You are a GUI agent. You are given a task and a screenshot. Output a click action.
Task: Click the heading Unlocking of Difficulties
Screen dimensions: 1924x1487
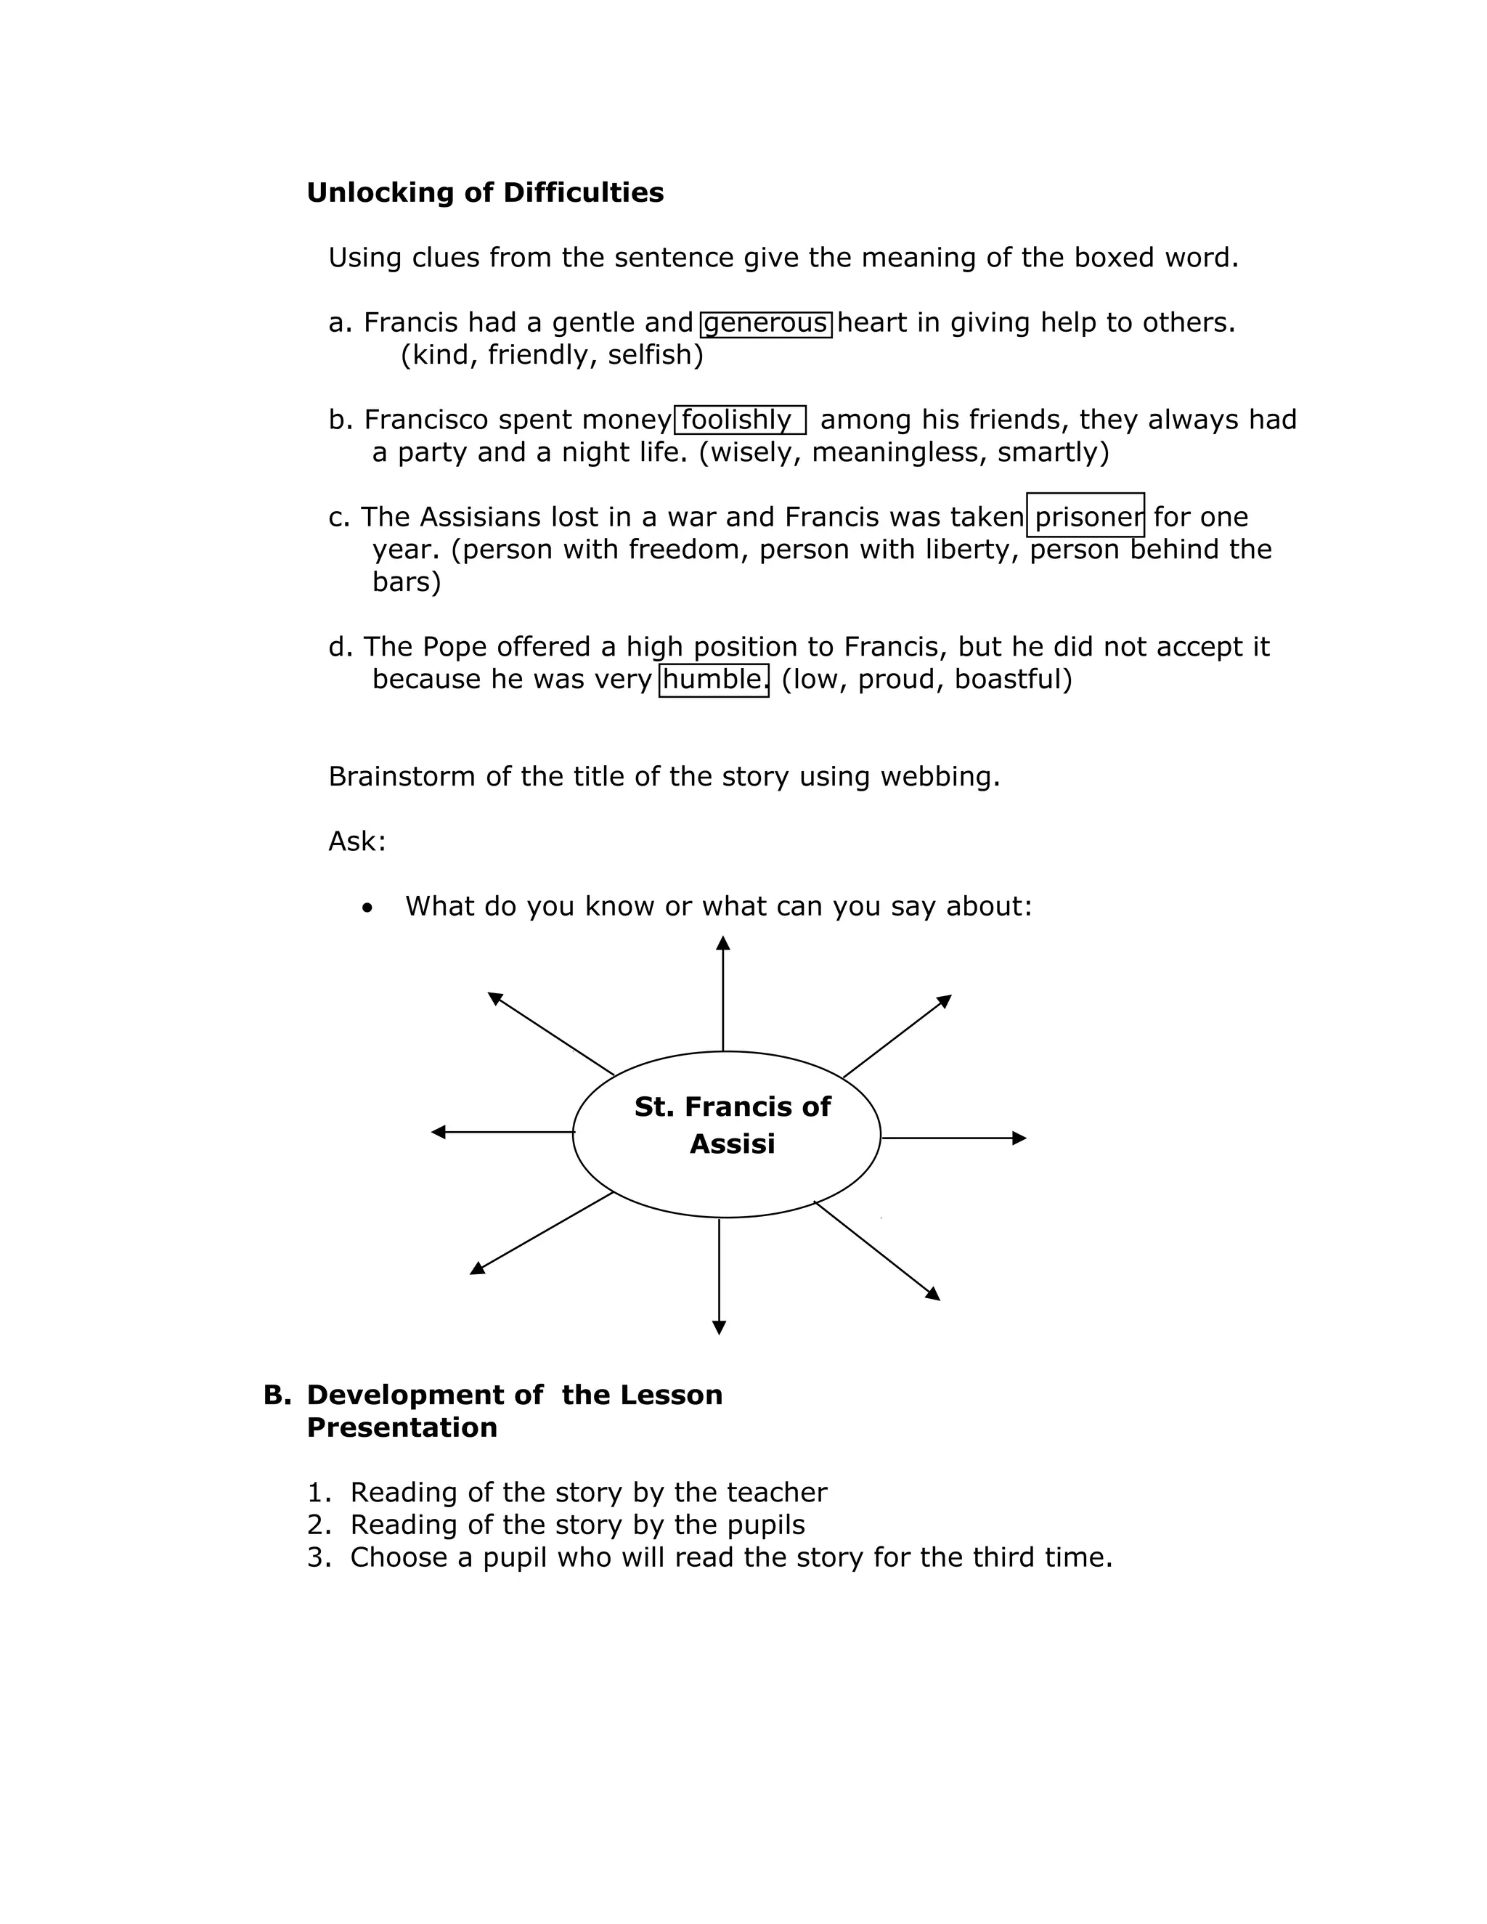click(484, 193)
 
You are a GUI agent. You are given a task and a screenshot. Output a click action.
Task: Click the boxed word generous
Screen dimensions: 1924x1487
click(765, 323)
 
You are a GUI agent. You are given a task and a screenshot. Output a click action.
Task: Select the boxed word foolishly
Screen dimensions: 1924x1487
click(738, 420)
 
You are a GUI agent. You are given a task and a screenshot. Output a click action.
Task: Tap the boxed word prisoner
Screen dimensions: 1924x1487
click(1085, 517)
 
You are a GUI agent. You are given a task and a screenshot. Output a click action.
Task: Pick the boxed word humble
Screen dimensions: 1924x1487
click(714, 680)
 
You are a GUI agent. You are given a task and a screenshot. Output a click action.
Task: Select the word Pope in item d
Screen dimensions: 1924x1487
click(455, 647)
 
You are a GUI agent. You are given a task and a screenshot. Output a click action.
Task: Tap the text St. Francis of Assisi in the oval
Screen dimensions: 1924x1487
click(731, 1125)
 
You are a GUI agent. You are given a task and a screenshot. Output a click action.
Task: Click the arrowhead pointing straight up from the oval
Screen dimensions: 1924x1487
click(723, 944)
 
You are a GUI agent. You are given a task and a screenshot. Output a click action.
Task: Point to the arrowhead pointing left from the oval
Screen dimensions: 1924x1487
click(439, 1132)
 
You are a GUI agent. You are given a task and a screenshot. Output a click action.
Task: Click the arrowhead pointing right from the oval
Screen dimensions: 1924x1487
click(1019, 1138)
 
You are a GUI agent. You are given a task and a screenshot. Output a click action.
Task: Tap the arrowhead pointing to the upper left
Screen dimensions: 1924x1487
click(495, 998)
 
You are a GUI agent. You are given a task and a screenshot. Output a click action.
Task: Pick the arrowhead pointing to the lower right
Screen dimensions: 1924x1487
click(933, 1294)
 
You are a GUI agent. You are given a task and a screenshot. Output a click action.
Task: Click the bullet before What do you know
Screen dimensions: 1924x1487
click(367, 908)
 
